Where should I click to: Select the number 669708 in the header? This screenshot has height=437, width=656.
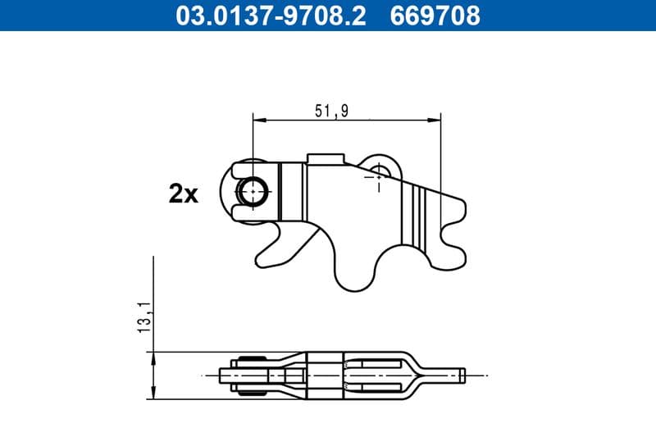pos(439,15)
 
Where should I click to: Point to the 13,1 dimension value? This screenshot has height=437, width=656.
pos(144,316)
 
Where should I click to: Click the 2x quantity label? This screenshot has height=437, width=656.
pos(184,193)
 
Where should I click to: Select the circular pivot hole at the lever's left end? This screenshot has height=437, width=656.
pos(253,192)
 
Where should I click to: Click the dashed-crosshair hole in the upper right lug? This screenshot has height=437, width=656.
pos(378,174)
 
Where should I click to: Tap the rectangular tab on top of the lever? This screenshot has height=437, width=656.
pos(325,157)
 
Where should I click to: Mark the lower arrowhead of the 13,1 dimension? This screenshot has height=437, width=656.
pos(154,394)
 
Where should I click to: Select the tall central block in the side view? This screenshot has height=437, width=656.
pos(325,376)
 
